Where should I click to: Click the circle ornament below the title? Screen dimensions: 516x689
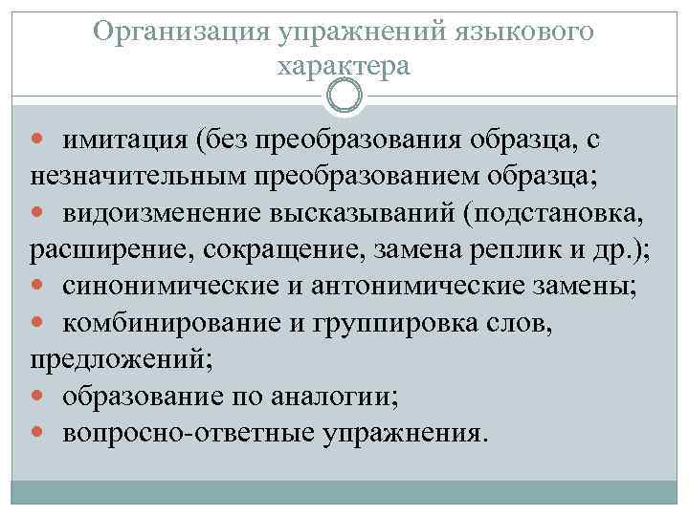(344, 97)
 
